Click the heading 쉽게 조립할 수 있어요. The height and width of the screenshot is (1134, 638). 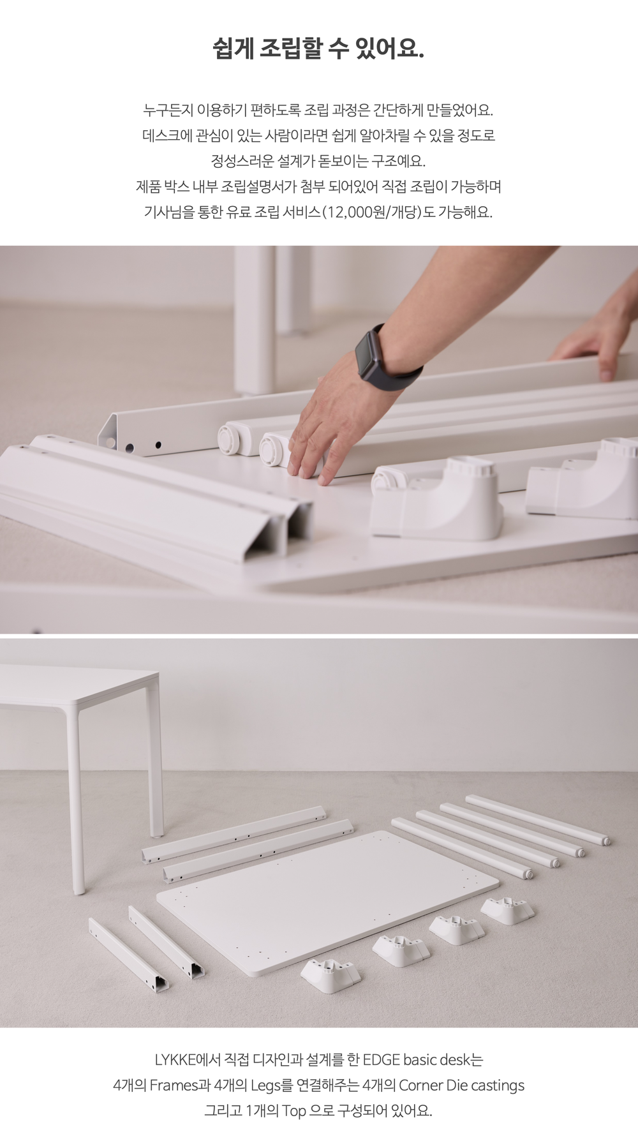(318, 48)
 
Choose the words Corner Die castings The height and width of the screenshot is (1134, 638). (461, 1086)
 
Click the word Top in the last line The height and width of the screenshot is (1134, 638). (294, 1112)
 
